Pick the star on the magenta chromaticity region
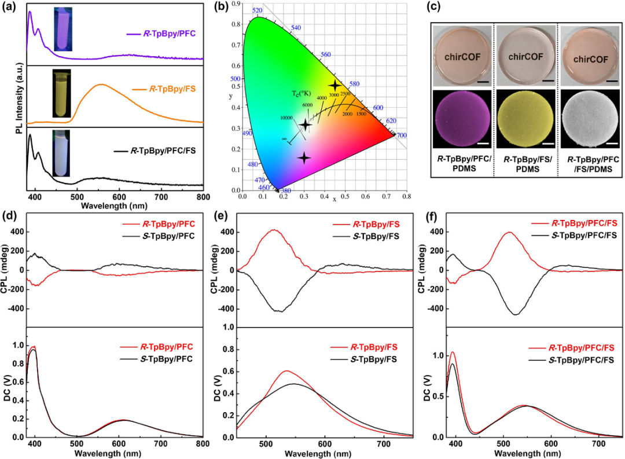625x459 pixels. pyautogui.click(x=304, y=157)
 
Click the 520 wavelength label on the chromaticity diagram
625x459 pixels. pyautogui.click(x=258, y=10)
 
